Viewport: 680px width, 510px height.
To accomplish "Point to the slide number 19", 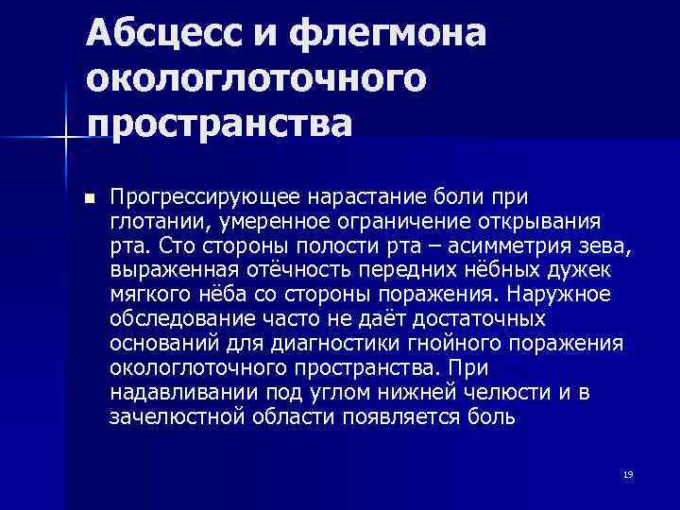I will (628, 474).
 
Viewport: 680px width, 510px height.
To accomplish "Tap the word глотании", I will (160, 222).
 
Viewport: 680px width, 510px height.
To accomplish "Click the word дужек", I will (595, 270).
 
